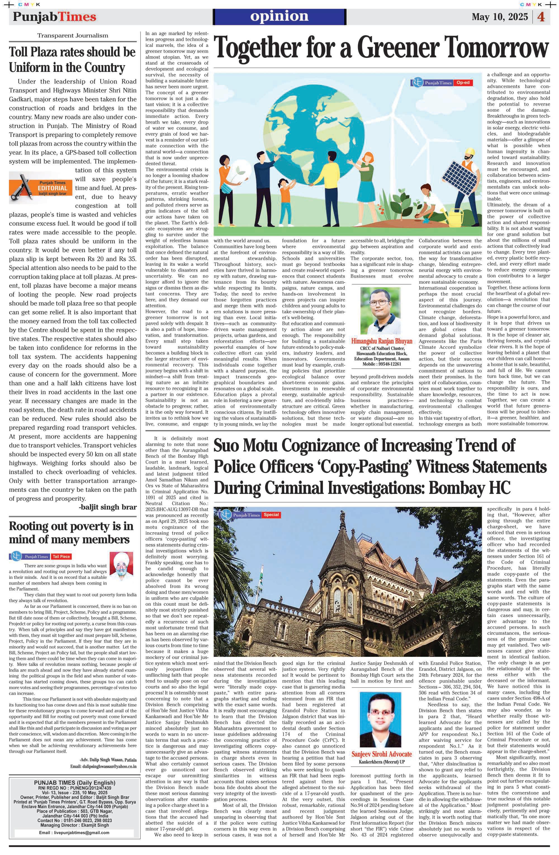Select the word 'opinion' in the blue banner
pos(279,16)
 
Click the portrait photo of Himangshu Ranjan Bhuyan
pos(380,310)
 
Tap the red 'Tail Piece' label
pos(61,556)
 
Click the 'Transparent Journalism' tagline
pos(73,35)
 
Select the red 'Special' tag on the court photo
pos(271,515)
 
